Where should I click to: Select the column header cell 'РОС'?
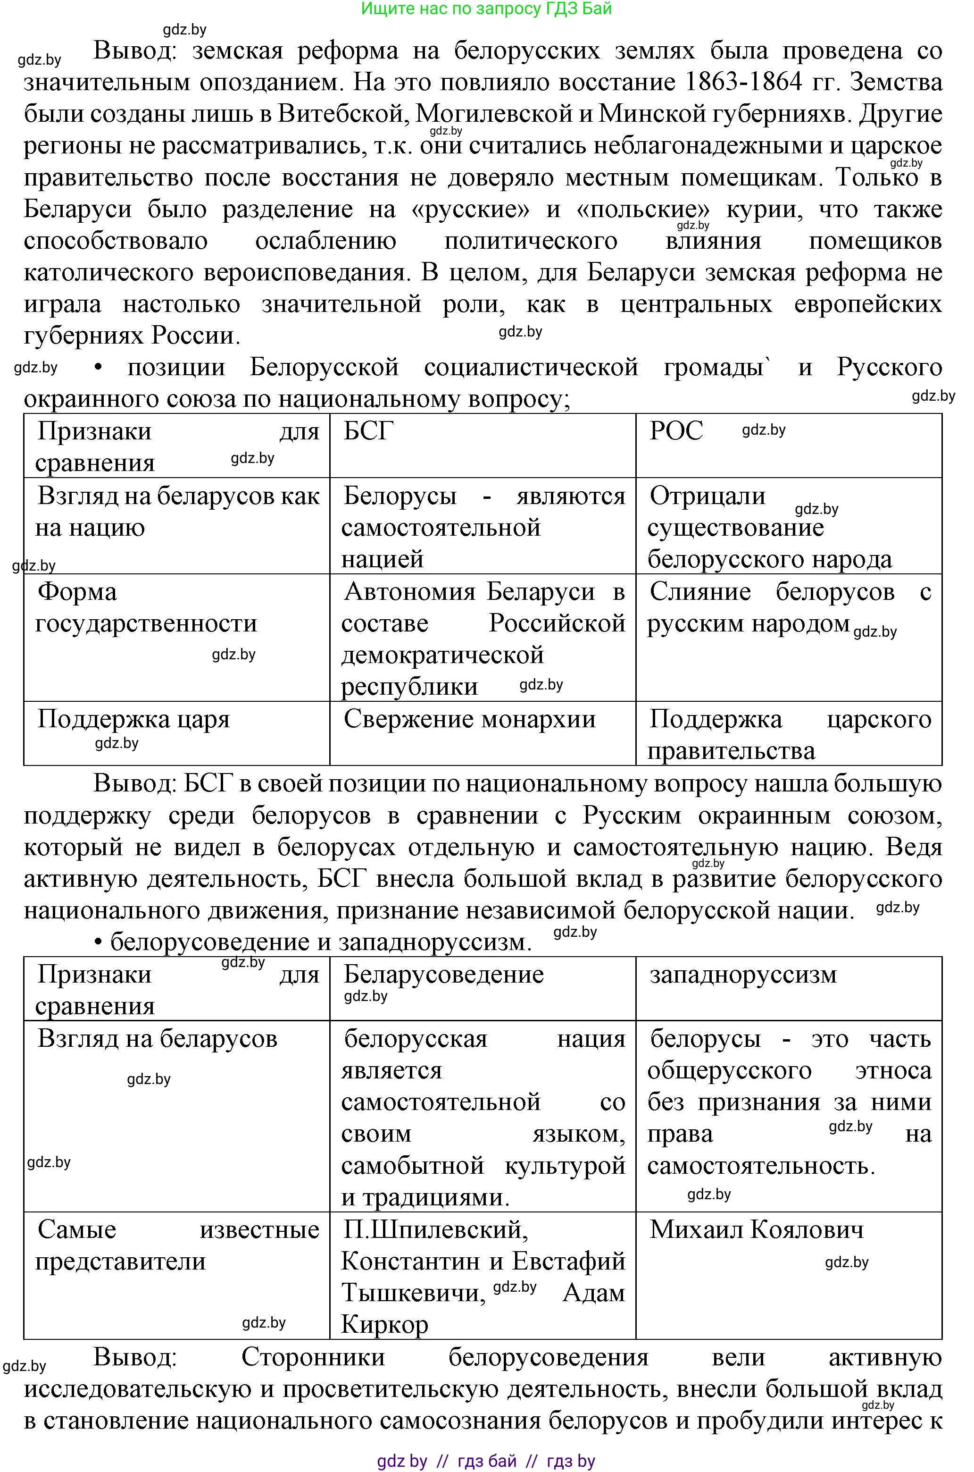(x=676, y=431)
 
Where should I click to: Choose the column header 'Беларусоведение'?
(x=443, y=974)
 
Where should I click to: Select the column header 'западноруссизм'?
(x=743, y=974)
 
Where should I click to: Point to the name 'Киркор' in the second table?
(x=384, y=1324)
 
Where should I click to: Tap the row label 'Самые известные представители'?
(x=177, y=1245)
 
